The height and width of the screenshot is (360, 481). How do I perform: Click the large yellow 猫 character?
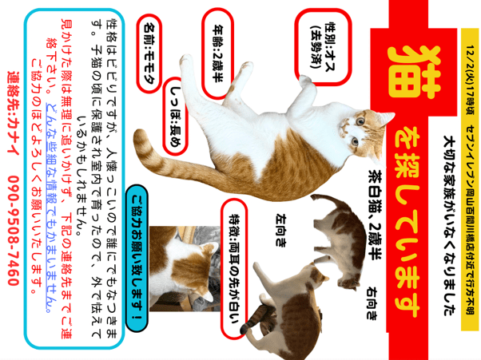pos(414,73)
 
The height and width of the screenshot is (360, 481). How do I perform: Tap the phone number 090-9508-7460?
pos(14,231)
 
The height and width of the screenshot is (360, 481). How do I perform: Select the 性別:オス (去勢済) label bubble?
pos(323,47)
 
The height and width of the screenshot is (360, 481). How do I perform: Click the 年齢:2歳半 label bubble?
pos(218,53)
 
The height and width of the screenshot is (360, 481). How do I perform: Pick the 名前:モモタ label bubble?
pos(149,53)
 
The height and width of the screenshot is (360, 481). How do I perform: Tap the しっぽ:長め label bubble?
pos(175,117)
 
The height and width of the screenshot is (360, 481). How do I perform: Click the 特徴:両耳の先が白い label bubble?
pos(234,269)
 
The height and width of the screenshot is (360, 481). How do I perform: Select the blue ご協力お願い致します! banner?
pos(137,259)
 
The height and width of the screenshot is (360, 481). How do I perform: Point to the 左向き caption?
pos(281,231)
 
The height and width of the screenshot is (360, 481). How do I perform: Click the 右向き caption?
pos(372,303)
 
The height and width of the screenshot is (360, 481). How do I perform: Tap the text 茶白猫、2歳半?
pos(375,215)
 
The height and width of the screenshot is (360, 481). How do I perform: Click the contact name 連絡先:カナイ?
pos(14,113)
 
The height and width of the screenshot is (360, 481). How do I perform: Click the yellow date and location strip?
pos(470,180)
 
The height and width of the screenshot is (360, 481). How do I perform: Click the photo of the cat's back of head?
pos(185,269)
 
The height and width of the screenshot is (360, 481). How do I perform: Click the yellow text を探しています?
pos(407,221)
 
